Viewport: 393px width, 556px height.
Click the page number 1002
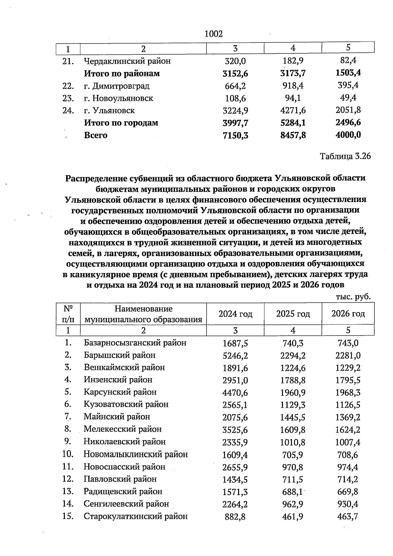point(214,34)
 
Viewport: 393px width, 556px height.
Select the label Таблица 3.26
point(345,156)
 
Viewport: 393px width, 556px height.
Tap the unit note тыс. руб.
point(353,296)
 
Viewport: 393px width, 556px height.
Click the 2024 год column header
point(235,314)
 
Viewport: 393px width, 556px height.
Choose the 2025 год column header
point(293,314)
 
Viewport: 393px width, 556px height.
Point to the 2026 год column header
point(348,314)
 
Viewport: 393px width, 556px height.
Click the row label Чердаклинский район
point(127,61)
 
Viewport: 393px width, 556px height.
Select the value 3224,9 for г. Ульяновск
point(235,110)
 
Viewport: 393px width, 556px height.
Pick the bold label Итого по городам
point(121,123)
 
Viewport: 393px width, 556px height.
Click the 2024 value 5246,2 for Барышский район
point(235,355)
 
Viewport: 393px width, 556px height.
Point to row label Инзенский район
point(118,380)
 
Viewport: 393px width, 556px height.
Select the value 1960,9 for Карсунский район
point(293,392)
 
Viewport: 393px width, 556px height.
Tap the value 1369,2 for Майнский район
point(348,417)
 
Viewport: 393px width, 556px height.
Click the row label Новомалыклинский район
point(136,454)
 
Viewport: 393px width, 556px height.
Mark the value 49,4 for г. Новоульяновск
point(348,98)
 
